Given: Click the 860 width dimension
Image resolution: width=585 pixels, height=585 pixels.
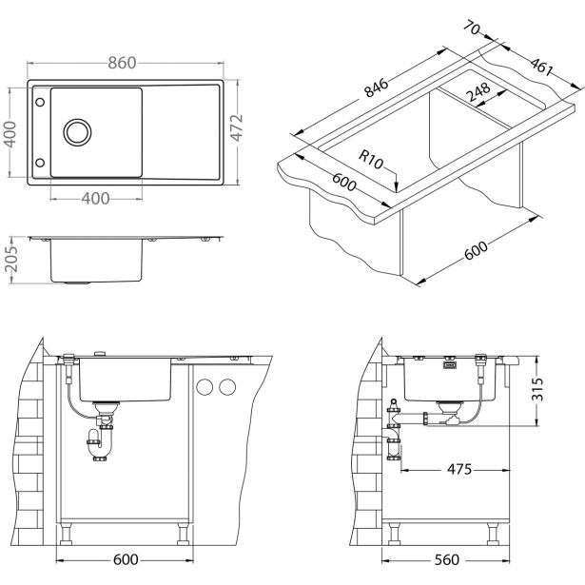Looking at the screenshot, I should [123, 63].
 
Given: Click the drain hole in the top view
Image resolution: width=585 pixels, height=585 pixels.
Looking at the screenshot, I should [76, 129].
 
